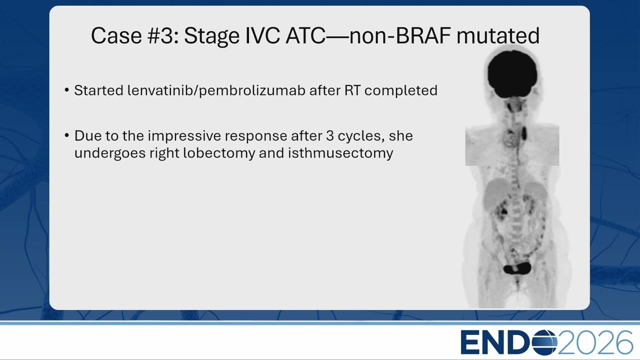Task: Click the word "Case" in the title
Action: point(116,35)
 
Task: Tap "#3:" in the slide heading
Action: point(163,35)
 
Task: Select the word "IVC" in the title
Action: point(262,35)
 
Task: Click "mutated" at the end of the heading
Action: point(498,35)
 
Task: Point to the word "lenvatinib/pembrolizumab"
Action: point(216,90)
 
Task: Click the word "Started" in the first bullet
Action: point(99,90)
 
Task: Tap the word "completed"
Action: point(401,90)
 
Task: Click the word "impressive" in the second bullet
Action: point(184,136)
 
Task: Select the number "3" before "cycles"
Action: point(329,136)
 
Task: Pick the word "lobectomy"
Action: point(219,153)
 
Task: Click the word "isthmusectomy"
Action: point(340,153)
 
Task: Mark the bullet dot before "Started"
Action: point(67,90)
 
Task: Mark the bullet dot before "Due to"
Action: point(67,135)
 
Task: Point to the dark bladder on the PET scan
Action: point(517,269)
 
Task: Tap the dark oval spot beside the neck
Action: point(524,133)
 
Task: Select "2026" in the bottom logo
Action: point(595,342)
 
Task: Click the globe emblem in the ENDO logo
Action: point(544,342)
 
